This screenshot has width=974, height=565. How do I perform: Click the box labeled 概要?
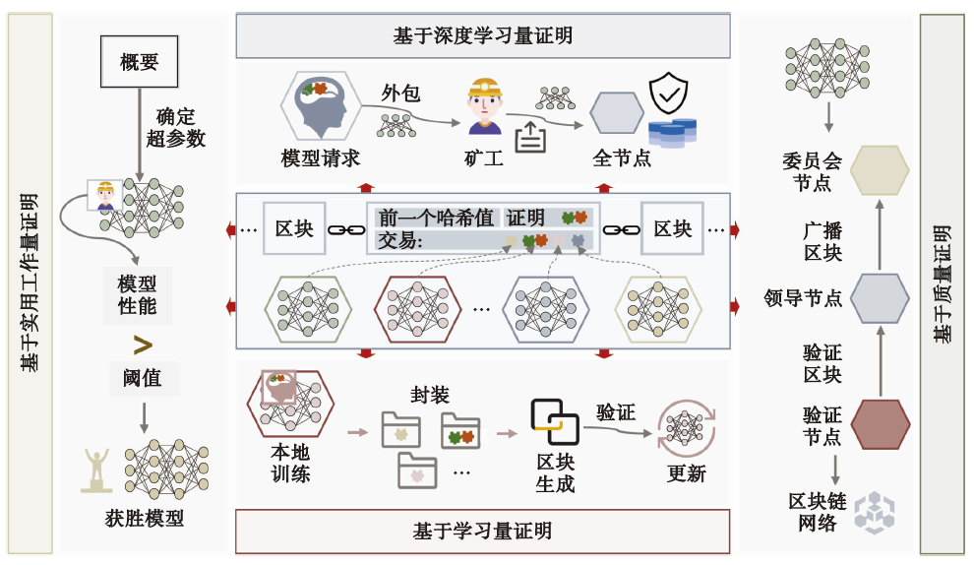click(139, 64)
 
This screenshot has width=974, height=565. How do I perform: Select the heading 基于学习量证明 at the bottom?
click(482, 532)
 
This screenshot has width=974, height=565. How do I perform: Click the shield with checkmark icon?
click(668, 95)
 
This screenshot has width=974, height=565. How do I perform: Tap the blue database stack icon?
click(672, 132)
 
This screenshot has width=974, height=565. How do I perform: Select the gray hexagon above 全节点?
click(617, 113)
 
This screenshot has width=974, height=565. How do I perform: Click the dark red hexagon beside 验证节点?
click(880, 423)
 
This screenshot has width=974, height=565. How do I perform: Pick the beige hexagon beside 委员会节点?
click(880, 170)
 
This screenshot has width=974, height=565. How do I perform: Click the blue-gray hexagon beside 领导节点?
click(880, 297)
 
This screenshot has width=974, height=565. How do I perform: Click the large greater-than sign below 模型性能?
click(143, 345)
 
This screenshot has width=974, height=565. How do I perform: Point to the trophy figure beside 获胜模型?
click(97, 470)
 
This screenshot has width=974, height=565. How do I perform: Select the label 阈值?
click(143, 377)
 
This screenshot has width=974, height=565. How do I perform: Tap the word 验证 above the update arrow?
click(616, 412)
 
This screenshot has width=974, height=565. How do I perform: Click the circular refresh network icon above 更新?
click(685, 426)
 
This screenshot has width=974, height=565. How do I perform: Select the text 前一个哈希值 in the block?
click(436, 219)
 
